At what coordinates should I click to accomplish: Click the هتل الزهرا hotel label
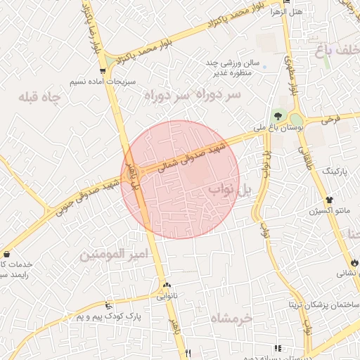tap(308, 12)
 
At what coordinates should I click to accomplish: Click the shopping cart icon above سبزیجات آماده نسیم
tap(104, 70)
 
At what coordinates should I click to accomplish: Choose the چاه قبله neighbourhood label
tap(42, 96)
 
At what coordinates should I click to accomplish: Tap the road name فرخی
tap(331, 120)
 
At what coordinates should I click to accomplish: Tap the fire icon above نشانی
tap(353, 262)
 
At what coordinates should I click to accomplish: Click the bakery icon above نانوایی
tap(167, 285)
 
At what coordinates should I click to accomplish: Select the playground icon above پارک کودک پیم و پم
tap(108, 305)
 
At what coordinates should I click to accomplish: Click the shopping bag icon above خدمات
tap(7, 254)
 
